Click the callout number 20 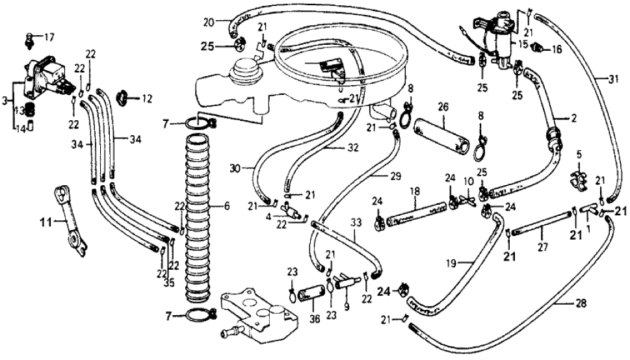(207, 21)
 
